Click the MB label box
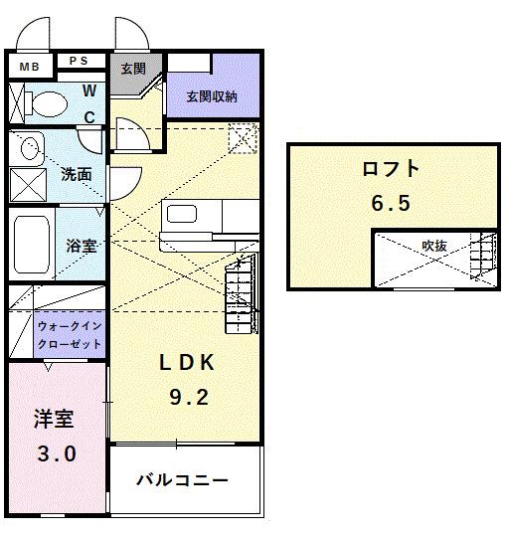[x=29, y=67]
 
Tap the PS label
[x=79, y=61]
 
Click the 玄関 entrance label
[x=133, y=70]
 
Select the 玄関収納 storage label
[x=212, y=96]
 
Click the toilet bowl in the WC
[x=44, y=100]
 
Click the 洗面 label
[x=77, y=174]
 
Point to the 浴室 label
[x=81, y=245]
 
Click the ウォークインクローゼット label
[x=69, y=333]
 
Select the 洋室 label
[x=53, y=418]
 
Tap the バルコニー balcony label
[x=183, y=480]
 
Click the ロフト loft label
[x=390, y=169]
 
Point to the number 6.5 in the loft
[x=391, y=204]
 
